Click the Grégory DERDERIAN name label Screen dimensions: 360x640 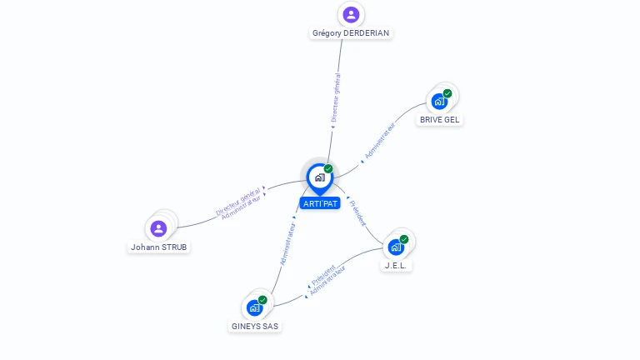pyautogui.click(x=351, y=33)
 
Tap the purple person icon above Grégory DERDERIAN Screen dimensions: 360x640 pyautogui.click(x=351, y=14)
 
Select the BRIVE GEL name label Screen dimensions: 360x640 pyautogui.click(x=439, y=119)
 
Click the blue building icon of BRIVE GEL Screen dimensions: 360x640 pyautogui.click(x=439, y=102)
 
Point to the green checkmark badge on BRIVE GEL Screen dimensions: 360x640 pyautogui.click(x=447, y=93)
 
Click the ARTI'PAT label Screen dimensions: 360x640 pyautogui.click(x=320, y=203)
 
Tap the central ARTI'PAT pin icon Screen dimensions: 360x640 pyautogui.click(x=319, y=177)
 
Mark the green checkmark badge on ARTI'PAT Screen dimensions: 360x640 pyautogui.click(x=328, y=169)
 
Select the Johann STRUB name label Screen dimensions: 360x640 pyautogui.click(x=159, y=247)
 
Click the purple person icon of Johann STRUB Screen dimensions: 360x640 pyautogui.click(x=158, y=228)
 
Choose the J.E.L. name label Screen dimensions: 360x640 pyautogui.click(x=397, y=265)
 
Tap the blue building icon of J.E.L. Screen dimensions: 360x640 pyautogui.click(x=396, y=247)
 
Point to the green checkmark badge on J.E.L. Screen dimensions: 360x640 pyautogui.click(x=404, y=239)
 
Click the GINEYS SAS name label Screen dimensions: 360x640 pyautogui.click(x=254, y=326)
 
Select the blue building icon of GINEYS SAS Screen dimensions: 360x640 pyautogui.click(x=254, y=307)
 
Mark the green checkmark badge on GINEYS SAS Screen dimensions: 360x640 pyautogui.click(x=262, y=300)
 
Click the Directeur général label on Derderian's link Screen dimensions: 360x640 pyautogui.click(x=336, y=98)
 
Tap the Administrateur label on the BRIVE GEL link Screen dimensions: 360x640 pyautogui.click(x=380, y=142)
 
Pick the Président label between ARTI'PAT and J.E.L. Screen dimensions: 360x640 pyautogui.click(x=357, y=214)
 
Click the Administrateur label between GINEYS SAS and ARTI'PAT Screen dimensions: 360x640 pyautogui.click(x=288, y=243)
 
